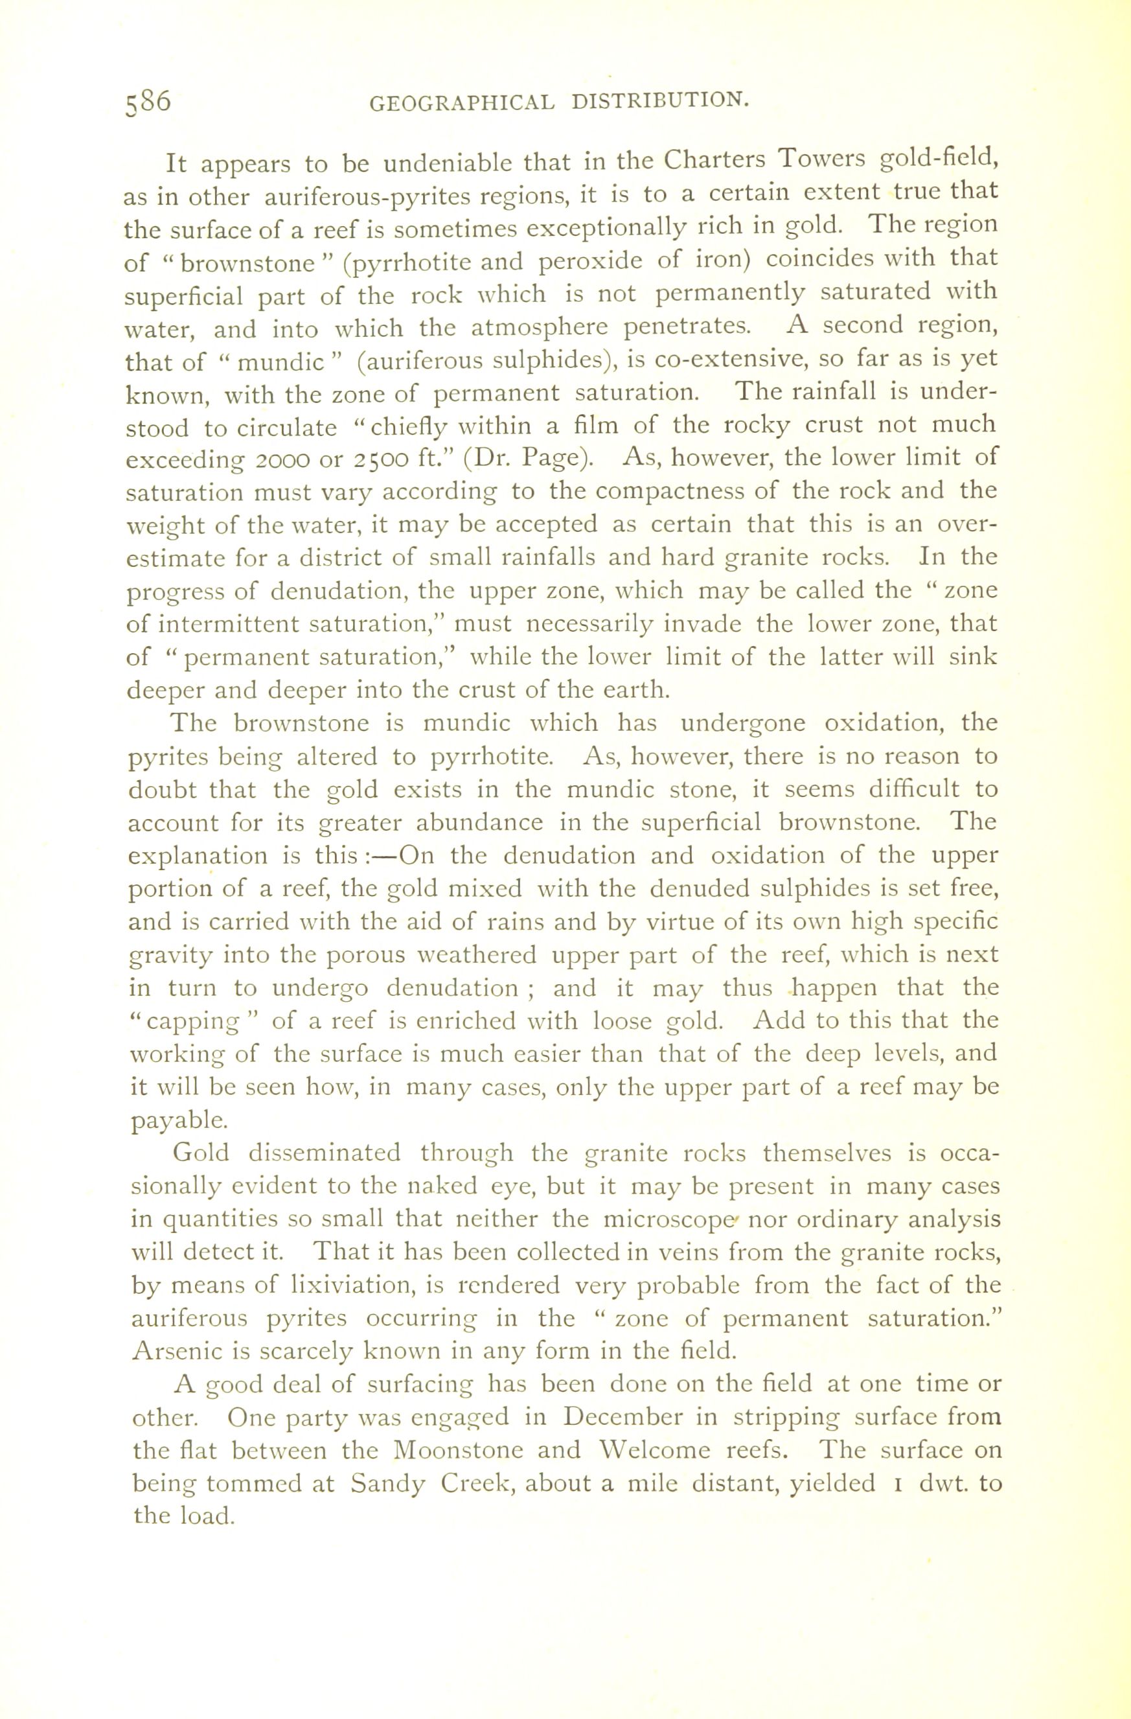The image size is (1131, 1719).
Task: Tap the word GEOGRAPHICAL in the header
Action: tap(463, 103)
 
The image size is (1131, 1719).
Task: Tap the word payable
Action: tap(177, 1120)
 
